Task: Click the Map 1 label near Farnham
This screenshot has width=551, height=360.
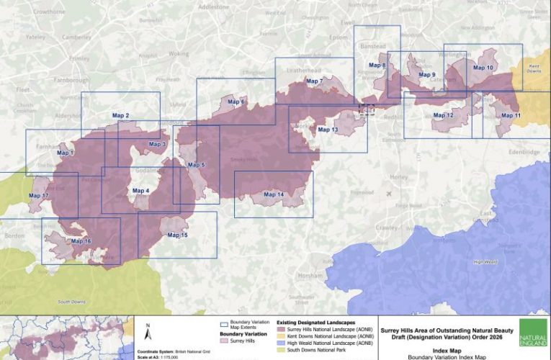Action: pyautogui.click(x=66, y=153)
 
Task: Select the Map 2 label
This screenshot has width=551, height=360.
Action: pyautogui.click(x=121, y=115)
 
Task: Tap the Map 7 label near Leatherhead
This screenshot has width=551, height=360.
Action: pyautogui.click(x=315, y=81)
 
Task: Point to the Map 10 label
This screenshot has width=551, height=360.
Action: pyautogui.click(x=483, y=68)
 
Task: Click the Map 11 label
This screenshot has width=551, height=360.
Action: pyautogui.click(x=511, y=115)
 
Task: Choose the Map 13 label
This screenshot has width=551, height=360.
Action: pyautogui.click(x=327, y=130)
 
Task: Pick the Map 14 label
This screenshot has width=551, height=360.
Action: pyautogui.click(x=274, y=194)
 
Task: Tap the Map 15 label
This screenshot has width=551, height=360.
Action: pyautogui.click(x=177, y=235)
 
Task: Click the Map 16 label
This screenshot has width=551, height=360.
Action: pyautogui.click(x=81, y=241)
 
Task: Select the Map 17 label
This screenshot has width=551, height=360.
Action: pyautogui.click(x=39, y=196)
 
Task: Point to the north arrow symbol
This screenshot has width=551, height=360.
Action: pyautogui.click(x=147, y=333)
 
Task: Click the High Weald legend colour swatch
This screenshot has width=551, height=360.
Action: pyautogui.click(x=282, y=343)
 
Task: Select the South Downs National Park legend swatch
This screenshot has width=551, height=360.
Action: pyautogui.click(x=282, y=351)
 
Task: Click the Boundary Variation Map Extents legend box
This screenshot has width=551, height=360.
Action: pyautogui.click(x=224, y=324)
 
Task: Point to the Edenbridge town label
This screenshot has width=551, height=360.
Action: pyautogui.click(x=523, y=153)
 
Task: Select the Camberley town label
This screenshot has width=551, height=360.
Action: pyautogui.click(x=76, y=36)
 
